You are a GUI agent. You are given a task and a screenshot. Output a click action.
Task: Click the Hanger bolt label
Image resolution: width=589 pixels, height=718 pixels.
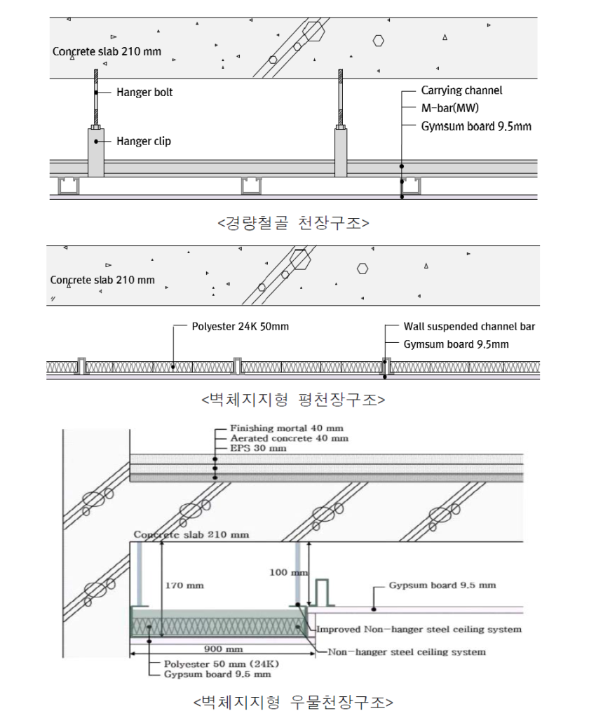click(144, 92)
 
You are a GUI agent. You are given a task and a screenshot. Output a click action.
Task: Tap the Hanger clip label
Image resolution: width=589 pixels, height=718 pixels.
click(144, 141)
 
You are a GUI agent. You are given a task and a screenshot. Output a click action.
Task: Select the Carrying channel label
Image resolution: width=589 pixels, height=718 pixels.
click(461, 90)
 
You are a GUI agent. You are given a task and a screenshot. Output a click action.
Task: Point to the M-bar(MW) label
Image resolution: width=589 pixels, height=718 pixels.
click(449, 108)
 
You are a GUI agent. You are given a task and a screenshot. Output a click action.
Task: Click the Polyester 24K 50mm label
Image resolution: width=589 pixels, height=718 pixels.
click(241, 327)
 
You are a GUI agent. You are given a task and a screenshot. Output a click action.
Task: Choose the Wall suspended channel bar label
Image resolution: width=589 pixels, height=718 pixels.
click(469, 327)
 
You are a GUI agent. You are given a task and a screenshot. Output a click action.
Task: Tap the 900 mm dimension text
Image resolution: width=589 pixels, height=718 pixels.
click(223, 649)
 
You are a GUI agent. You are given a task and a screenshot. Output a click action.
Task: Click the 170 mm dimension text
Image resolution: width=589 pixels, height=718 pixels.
click(184, 585)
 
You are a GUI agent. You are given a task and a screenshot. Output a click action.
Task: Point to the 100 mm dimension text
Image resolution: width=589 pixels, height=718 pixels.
click(288, 572)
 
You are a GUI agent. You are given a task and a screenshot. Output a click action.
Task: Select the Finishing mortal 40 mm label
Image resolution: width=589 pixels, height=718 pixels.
click(287, 428)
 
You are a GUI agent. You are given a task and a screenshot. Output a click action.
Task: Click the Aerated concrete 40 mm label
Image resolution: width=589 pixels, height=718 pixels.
click(289, 438)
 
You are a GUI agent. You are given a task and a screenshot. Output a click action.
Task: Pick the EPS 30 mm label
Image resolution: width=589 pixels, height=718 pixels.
click(258, 448)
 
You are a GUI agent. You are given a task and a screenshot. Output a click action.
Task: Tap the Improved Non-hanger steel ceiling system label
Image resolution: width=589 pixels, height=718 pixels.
click(419, 629)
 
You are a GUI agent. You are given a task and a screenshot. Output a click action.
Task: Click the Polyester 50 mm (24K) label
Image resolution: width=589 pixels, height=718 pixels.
click(221, 664)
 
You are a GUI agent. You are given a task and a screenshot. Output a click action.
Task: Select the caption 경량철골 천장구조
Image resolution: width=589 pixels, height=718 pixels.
click(293, 223)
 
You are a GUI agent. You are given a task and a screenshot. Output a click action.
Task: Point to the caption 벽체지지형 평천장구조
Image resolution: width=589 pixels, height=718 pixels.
click(293, 400)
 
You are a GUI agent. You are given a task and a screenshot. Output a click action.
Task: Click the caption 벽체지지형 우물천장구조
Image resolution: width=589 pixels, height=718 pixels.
click(293, 702)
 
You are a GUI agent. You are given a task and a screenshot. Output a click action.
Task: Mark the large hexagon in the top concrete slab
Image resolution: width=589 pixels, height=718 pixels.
click(313, 31)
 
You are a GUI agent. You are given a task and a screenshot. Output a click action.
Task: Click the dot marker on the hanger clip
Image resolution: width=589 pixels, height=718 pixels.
click(96, 142)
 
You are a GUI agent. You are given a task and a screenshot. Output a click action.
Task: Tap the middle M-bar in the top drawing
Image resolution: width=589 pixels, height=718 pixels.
click(252, 185)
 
